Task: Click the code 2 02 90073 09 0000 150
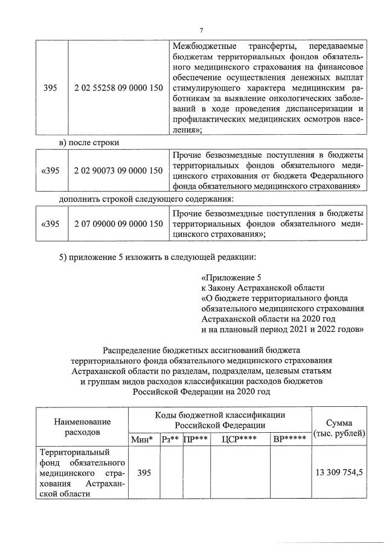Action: click(x=118, y=171)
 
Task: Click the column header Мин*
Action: click(x=143, y=438)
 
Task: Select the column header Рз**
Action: click(x=171, y=438)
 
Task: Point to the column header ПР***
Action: click(x=196, y=438)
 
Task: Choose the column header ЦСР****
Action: click(x=239, y=438)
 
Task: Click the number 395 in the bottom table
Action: click(x=143, y=472)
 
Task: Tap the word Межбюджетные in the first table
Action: click(x=203, y=47)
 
